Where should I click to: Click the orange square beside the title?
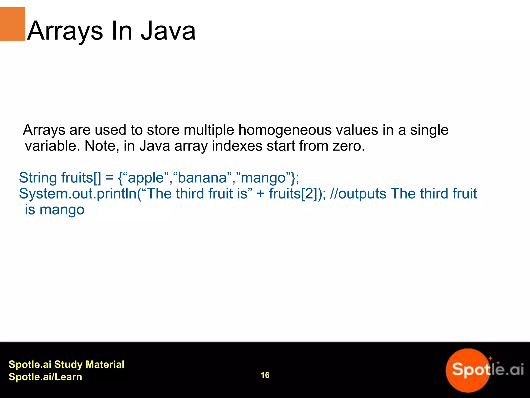12,24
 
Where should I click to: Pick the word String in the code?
38,178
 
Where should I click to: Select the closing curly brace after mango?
293,178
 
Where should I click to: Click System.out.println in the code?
78,194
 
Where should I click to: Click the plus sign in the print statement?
261,194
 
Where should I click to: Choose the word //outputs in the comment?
358,194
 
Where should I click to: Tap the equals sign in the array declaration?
109,178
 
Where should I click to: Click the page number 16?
265,375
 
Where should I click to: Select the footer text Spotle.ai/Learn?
45,377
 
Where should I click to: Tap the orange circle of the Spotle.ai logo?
466,371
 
